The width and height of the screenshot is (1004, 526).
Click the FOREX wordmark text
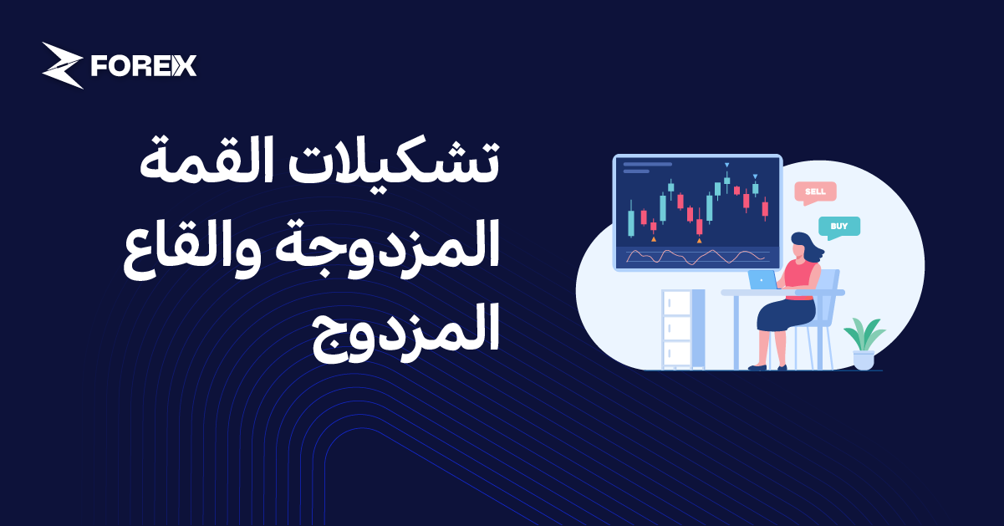143,66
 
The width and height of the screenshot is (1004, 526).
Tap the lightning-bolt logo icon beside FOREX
62,65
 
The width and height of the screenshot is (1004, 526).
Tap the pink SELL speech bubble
814,192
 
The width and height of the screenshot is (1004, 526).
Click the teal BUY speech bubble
838,226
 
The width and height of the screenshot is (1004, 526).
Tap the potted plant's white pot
864,360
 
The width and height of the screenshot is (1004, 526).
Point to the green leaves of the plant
864,334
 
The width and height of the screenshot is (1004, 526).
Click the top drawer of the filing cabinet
676,302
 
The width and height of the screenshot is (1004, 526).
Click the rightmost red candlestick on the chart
765,207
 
